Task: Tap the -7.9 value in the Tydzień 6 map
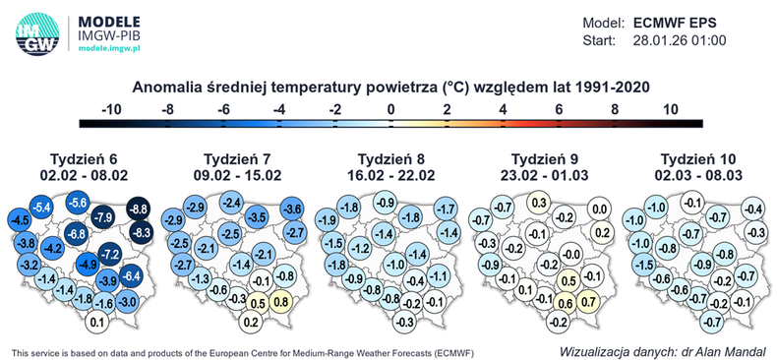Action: (103, 216)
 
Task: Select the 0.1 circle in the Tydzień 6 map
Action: (97, 322)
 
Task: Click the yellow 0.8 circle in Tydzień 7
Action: (279, 303)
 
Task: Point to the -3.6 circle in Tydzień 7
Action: (292, 210)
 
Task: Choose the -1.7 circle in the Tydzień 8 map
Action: (446, 210)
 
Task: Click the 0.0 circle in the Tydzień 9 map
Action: (599, 210)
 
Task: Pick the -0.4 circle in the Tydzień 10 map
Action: (752, 210)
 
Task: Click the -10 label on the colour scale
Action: (110, 110)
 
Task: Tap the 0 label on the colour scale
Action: (391, 110)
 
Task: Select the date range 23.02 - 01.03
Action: (546, 175)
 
